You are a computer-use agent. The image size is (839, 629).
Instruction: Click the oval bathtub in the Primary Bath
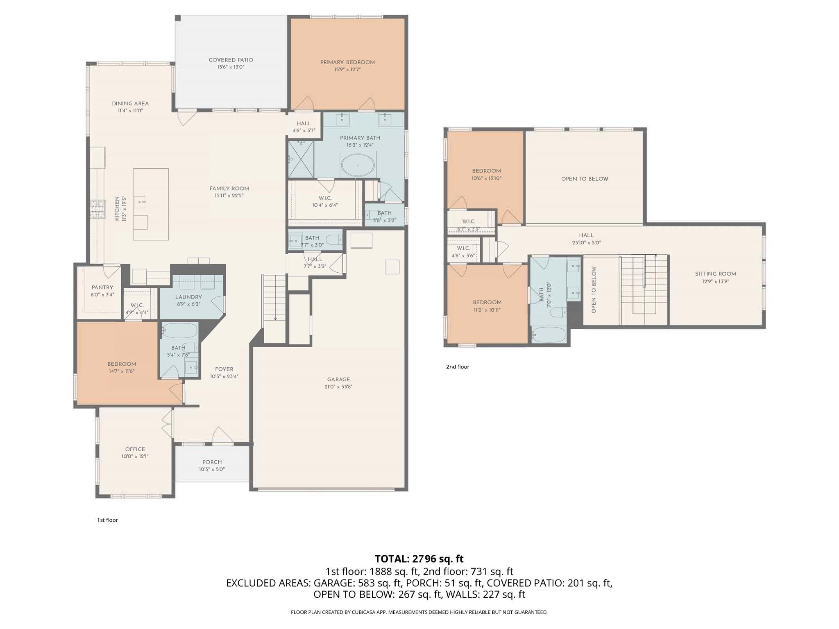tap(358, 165)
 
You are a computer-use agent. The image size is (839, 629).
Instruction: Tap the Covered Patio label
tap(231, 60)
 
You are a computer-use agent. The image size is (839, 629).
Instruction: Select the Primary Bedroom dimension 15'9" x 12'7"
tap(347, 70)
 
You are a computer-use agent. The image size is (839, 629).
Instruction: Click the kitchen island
tap(151, 204)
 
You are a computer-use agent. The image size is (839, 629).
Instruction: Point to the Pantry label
tap(102, 287)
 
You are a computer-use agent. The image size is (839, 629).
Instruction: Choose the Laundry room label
tap(188, 297)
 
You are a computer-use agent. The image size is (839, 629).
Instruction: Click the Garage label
tap(338, 379)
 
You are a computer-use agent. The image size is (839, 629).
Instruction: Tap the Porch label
tap(212, 462)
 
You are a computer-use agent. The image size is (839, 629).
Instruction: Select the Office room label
tap(135, 449)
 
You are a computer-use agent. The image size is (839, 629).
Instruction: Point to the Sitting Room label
tap(715, 274)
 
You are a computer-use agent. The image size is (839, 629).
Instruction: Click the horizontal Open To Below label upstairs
tap(584, 179)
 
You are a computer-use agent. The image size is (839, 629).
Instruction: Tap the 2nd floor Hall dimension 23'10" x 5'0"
tap(587, 242)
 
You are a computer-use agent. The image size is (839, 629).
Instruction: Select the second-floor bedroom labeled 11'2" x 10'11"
tap(487, 306)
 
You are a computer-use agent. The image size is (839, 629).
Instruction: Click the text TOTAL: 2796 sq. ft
tap(419, 559)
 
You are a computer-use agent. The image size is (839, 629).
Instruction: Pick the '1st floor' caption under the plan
tap(107, 520)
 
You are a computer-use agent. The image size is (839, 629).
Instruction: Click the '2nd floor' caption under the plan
tap(457, 367)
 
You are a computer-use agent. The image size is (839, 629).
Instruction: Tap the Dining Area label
tap(130, 104)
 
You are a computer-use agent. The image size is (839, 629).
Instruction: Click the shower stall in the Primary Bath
tap(300, 159)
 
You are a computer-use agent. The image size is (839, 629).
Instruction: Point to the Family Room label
tap(229, 189)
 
